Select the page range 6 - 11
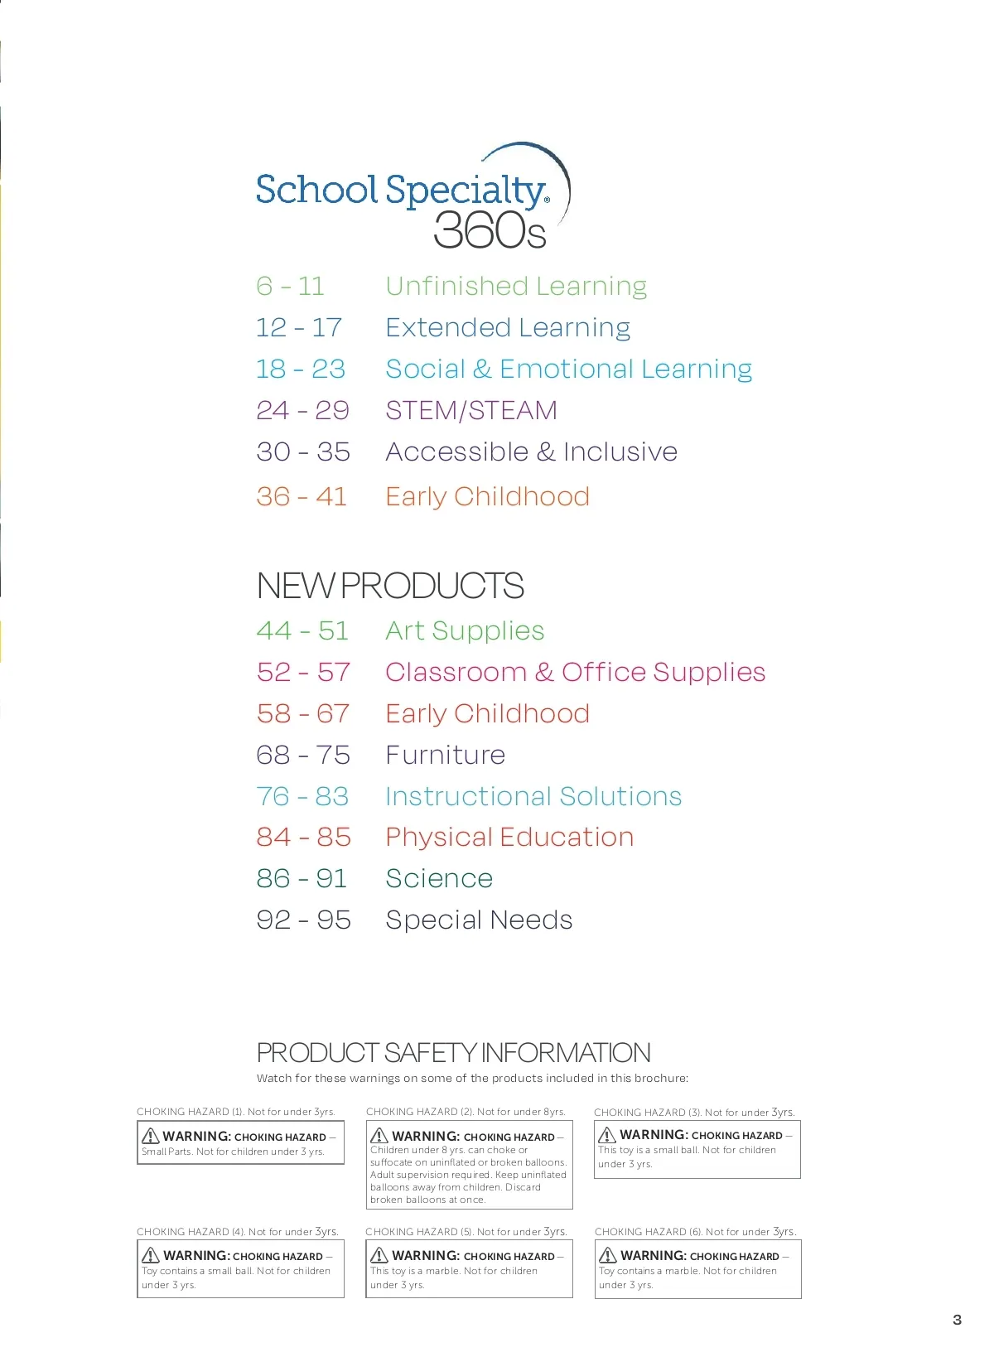290,287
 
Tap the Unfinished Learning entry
516,287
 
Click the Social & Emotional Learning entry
568,369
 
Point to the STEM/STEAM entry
471,411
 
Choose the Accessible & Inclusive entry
531,452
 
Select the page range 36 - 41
302,497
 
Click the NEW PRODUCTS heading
390,587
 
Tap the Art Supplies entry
465,631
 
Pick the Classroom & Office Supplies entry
575,673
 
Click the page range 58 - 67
303,714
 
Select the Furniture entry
446,756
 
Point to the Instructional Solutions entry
533,797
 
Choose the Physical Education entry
509,838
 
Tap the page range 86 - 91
302,879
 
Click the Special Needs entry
479,920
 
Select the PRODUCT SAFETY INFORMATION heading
453,1053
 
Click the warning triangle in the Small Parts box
151,1136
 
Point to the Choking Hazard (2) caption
466,1112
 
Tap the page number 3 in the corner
957,1320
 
